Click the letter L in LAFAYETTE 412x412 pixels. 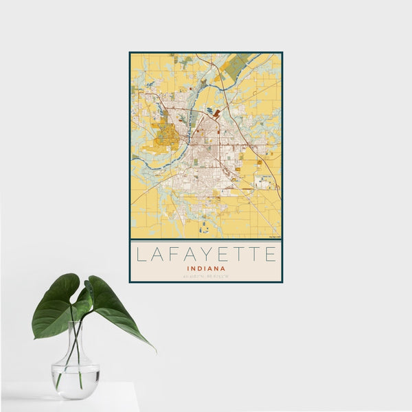coord(140,255)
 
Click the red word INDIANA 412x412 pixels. coord(205,268)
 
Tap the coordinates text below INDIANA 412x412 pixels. coord(205,276)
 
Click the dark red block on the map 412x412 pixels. coord(217,113)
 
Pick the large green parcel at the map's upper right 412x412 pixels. coord(237,67)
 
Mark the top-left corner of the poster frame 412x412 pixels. coord(130,52)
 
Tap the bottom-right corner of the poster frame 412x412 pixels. coord(282,282)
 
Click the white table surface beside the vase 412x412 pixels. coord(117,398)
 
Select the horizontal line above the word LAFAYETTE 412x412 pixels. coord(205,240)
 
